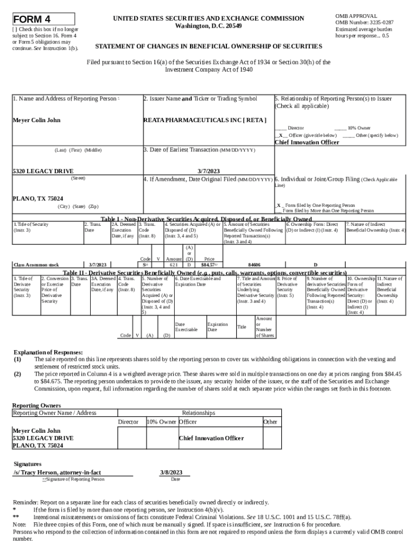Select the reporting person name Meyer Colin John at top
[x=36, y=120]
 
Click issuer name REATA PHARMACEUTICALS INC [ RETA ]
[x=205, y=120]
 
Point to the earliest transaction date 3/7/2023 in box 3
[x=208, y=170]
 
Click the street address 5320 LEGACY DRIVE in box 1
[x=43, y=171]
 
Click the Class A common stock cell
[x=36, y=265]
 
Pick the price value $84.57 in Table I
[x=209, y=265]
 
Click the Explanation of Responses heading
[x=48, y=352]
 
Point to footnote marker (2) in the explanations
[x=17, y=374]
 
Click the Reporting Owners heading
[x=36, y=406]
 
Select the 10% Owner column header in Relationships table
[x=161, y=422]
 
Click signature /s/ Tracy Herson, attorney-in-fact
[x=57, y=472]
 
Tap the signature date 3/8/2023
[x=171, y=472]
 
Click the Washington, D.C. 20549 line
[x=209, y=26]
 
